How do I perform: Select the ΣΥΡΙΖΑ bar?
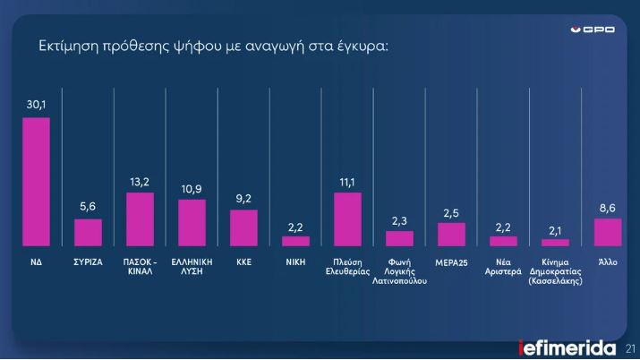pos(88,233)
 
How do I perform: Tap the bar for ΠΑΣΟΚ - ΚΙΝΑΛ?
pos(140,219)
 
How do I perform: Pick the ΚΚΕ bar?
pos(243,228)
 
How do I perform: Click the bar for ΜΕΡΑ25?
pos(451,235)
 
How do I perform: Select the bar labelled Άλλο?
pos(608,232)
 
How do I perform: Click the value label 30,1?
pos(36,107)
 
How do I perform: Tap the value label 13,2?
pos(140,182)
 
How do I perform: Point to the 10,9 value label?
pos(192,189)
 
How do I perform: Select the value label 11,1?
pos(347,182)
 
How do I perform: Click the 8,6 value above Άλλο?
pos(608,208)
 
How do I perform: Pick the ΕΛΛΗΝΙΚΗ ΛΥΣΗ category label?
pos(192,268)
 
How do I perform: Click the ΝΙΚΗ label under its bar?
pos(295,263)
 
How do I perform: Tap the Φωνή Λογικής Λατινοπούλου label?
pos(399,271)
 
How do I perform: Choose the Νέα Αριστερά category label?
pos(503,268)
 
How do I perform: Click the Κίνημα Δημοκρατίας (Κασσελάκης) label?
pos(556,271)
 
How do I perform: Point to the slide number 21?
pos(631,347)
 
